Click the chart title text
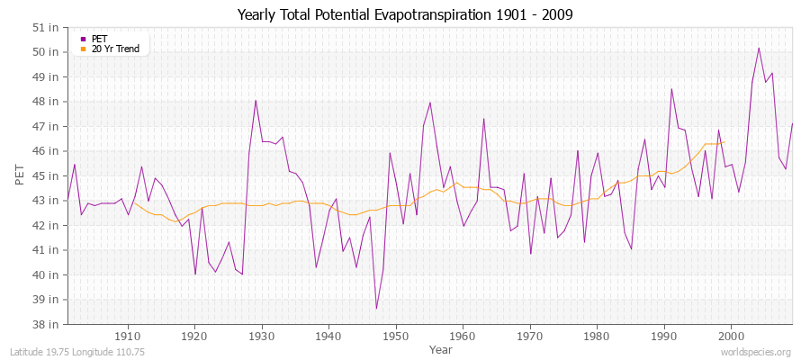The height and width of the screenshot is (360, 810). click(x=404, y=14)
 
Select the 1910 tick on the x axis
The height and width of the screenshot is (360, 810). click(x=128, y=337)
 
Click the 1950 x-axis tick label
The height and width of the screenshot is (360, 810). click(x=396, y=337)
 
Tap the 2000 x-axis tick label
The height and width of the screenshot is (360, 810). click(x=731, y=337)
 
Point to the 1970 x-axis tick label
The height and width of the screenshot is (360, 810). click(x=530, y=337)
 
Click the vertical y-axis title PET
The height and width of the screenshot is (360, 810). click(x=21, y=175)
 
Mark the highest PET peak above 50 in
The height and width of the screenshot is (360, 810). click(x=759, y=48)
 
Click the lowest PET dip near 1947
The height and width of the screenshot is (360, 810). click(x=376, y=309)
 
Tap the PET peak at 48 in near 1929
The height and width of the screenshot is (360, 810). click(x=256, y=100)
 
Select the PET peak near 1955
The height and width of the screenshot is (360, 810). click(x=430, y=103)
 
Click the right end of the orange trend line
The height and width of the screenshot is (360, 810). click(x=724, y=141)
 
